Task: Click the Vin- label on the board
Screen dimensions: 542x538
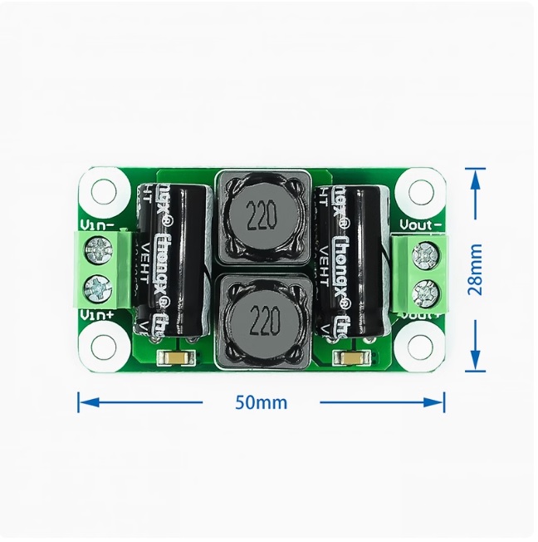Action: (98, 222)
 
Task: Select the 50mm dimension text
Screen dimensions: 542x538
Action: (262, 402)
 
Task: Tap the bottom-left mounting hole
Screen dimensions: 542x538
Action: (101, 344)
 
